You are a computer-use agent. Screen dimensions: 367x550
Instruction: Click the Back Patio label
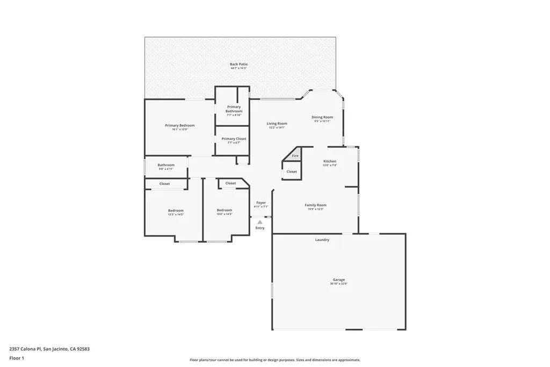click(x=238, y=64)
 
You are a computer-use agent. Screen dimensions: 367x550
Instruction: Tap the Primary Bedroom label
click(x=179, y=125)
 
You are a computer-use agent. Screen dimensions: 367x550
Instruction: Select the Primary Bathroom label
click(x=234, y=109)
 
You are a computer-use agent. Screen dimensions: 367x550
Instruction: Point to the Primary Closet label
click(x=234, y=139)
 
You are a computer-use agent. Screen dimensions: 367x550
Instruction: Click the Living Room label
click(x=277, y=124)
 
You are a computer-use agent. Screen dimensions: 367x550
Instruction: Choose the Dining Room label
click(x=322, y=117)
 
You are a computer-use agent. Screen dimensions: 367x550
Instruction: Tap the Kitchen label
click(x=329, y=161)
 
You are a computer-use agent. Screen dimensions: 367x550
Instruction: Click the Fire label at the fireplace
click(x=295, y=156)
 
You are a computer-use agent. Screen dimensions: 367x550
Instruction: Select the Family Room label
click(x=315, y=205)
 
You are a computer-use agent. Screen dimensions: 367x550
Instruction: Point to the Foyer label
click(x=260, y=203)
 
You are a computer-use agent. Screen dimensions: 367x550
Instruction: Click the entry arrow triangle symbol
click(x=260, y=221)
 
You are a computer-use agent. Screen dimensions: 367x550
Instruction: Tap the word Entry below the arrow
click(x=260, y=228)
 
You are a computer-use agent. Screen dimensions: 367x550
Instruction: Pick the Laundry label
click(x=322, y=240)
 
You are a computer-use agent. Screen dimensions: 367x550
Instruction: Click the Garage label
click(x=338, y=280)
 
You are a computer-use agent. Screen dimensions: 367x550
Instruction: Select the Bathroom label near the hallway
click(x=165, y=165)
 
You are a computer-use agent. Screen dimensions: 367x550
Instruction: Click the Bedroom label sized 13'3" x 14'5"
click(x=176, y=210)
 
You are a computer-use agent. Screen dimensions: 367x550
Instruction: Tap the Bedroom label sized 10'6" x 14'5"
click(x=224, y=210)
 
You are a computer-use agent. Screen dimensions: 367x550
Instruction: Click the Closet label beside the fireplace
click(x=291, y=172)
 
